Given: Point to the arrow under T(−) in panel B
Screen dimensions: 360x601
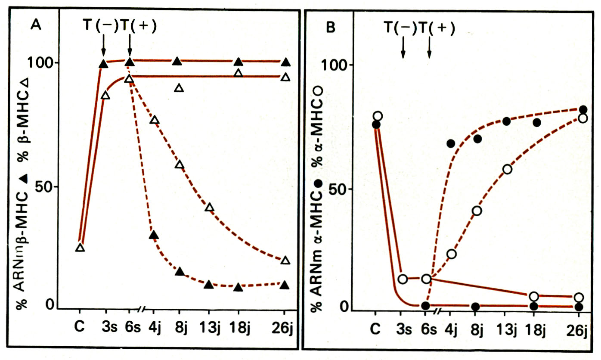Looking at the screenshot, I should pos(403,48).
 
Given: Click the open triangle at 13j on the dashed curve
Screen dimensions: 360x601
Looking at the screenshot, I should pos(210,207).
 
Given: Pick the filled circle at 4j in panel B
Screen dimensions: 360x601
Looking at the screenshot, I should pos(451,143).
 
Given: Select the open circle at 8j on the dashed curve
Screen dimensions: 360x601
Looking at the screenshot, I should pos(476,211).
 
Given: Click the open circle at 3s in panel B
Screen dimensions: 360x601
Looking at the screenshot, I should pos(403,279).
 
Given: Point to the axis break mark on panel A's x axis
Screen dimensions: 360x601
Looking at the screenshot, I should pos(142,309).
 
